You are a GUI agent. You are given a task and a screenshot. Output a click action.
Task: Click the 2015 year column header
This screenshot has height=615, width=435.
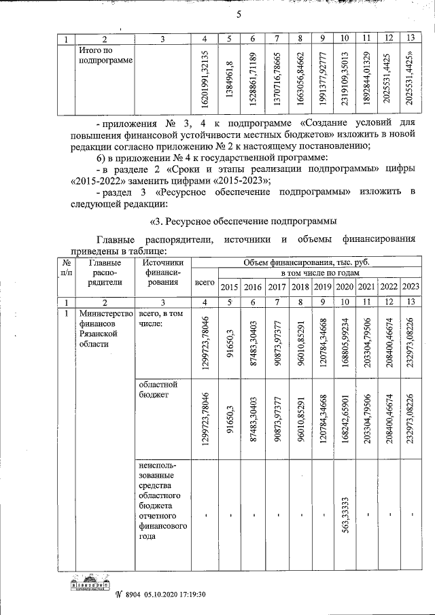point(229,286)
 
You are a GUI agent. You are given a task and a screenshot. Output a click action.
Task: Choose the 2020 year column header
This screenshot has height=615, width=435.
point(345,286)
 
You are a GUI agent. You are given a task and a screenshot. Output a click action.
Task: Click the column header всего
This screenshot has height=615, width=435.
point(205,281)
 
